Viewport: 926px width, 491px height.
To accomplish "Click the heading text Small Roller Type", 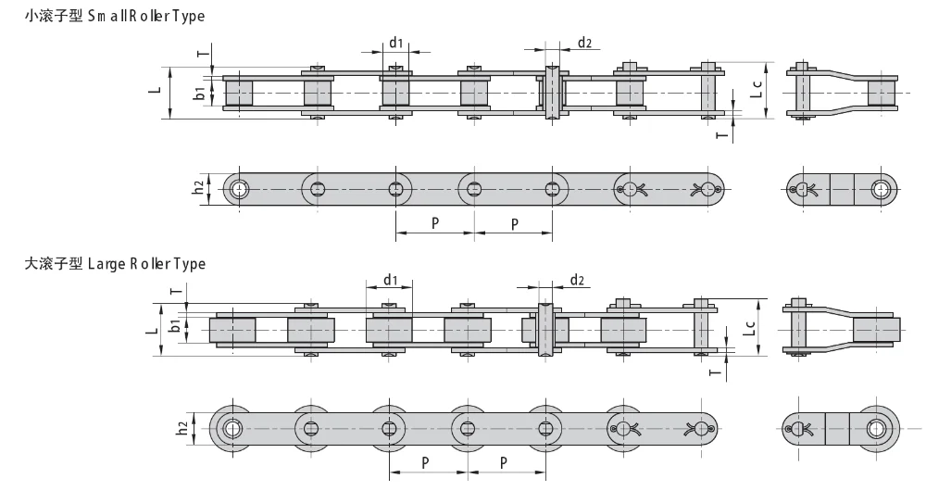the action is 146,16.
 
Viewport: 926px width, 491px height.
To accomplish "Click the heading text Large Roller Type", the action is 146,263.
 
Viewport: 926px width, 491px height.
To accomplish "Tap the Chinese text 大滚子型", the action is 54,263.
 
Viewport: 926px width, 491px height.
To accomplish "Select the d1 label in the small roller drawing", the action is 395,43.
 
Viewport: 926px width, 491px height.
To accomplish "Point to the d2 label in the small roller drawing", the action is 584,43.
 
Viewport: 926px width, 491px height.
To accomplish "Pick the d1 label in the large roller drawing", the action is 391,280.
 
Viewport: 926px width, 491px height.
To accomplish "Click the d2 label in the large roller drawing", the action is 577,280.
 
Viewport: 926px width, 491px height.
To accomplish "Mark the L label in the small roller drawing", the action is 155,91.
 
